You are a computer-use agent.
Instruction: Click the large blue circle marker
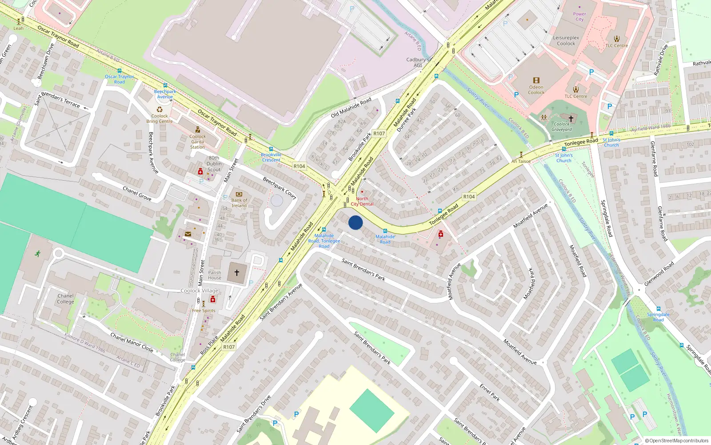point(355,222)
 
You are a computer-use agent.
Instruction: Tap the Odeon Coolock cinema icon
point(536,81)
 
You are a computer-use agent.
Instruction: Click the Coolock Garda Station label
point(197,142)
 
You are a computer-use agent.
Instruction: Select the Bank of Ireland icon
point(239,194)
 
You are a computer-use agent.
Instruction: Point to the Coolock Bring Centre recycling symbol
point(160,109)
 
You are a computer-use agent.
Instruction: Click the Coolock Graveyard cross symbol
point(571,119)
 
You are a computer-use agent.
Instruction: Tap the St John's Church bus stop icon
point(564,149)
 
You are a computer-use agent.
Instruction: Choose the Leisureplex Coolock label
point(566,40)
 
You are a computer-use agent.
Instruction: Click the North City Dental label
point(362,202)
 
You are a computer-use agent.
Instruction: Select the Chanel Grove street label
point(137,194)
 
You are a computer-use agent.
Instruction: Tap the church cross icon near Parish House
point(237,272)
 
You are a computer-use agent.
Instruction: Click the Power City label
point(579,16)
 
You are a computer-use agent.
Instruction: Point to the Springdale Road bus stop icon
point(658,309)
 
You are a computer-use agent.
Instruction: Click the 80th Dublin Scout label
point(214,163)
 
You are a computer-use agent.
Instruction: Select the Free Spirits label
point(204,311)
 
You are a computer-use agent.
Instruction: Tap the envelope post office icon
point(188,234)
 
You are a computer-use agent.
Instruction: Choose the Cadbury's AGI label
point(417,62)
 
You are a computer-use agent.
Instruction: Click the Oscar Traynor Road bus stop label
point(119,79)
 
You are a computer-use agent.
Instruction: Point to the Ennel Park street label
point(490,392)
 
